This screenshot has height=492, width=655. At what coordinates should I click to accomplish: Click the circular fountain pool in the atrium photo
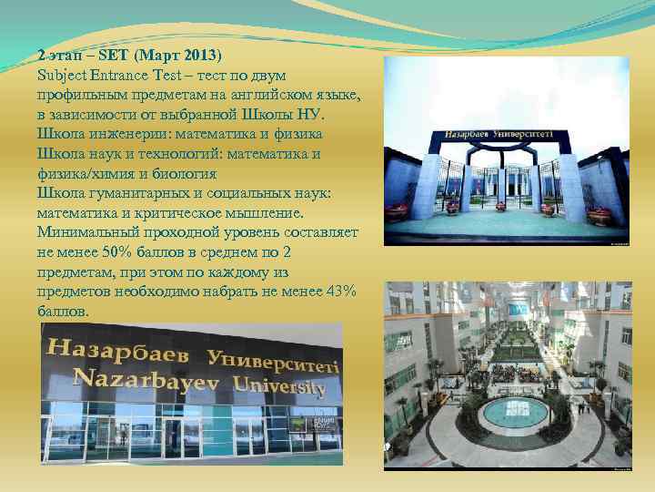coord(514,413)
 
